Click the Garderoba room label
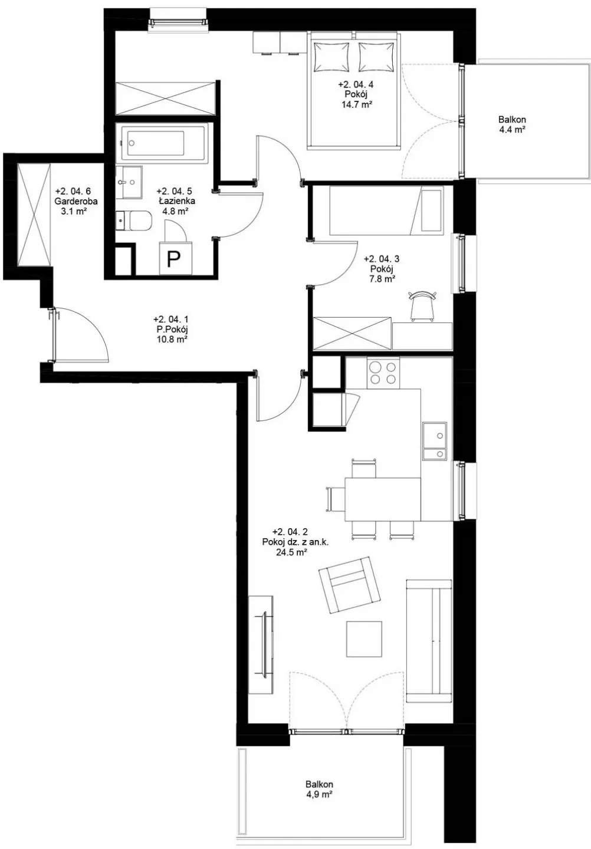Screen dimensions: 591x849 pyautogui.click(x=76, y=201)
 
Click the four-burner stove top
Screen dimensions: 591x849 pyautogui.click(x=383, y=373)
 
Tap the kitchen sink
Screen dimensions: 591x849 pyautogui.click(x=435, y=440)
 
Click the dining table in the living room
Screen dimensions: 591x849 pyautogui.click(x=383, y=499)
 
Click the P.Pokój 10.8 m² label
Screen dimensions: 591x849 pyautogui.click(x=170, y=330)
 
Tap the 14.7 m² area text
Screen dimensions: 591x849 pyautogui.click(x=355, y=103)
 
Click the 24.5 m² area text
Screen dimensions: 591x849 pyautogui.click(x=291, y=552)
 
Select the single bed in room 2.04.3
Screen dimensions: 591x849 pyautogui.click(x=386, y=210)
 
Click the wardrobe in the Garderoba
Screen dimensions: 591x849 pyautogui.click(x=34, y=214)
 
